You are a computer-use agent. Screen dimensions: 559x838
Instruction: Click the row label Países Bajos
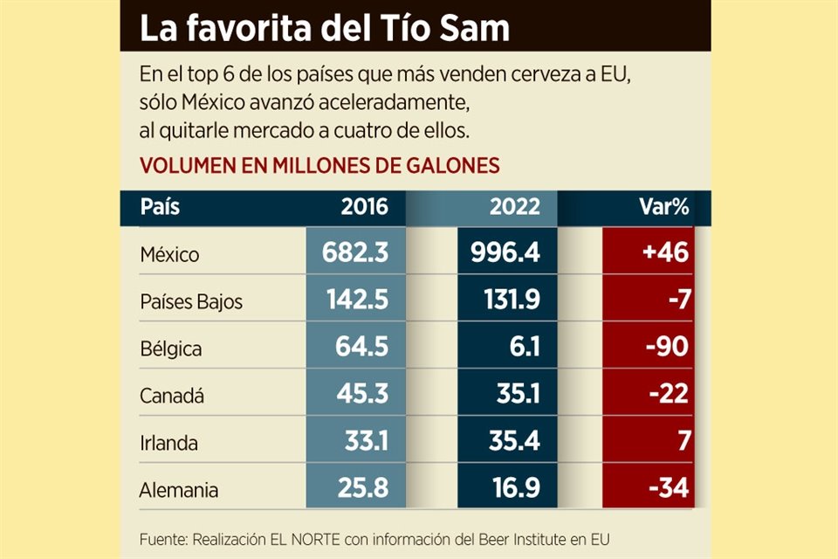191,302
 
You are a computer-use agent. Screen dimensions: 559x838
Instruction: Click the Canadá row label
172,396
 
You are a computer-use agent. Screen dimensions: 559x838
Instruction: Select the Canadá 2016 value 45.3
363,396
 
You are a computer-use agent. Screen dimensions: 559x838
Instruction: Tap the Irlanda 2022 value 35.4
513,443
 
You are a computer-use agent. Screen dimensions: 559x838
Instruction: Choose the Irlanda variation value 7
682,443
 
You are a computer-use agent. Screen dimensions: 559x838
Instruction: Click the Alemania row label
179,490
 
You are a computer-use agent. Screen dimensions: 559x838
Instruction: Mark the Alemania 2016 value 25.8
363,490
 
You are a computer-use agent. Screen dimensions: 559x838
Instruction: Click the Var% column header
663,207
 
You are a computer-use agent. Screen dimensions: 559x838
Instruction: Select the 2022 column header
514,207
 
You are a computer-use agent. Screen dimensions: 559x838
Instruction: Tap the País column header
160,207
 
